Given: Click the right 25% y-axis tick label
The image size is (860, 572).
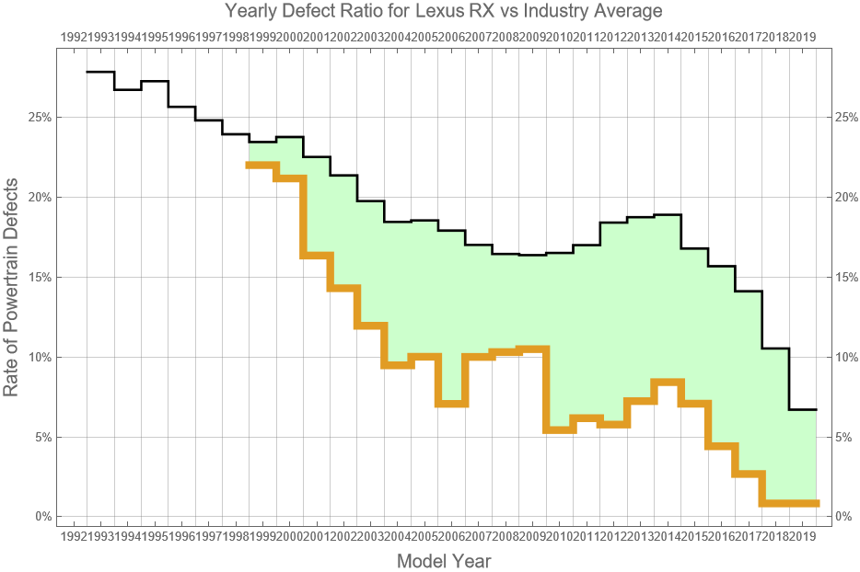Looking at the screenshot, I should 844,118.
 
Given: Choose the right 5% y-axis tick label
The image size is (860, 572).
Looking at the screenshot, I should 842,437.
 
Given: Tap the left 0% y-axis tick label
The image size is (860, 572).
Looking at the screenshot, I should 41,517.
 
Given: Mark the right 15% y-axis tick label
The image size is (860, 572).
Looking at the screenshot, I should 844,277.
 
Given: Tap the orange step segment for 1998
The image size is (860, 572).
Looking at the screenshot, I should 261,165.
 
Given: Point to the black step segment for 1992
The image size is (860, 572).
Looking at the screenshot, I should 99,72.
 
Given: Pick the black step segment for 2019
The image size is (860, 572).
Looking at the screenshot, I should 803,409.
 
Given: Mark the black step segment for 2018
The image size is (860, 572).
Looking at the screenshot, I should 776,349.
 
